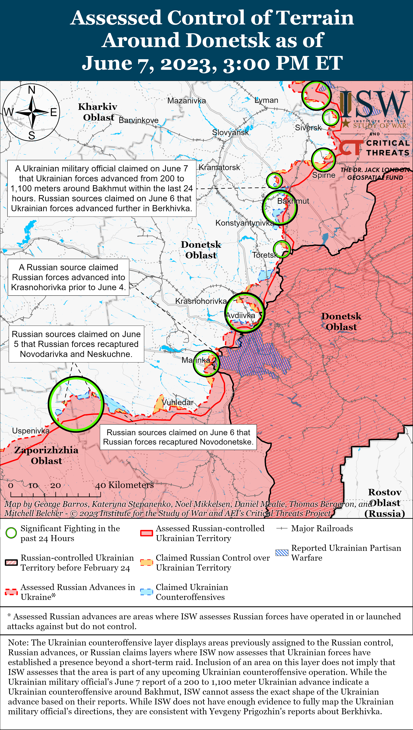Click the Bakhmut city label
(293, 201)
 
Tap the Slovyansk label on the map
(230, 132)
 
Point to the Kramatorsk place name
(219, 167)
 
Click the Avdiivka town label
(240, 315)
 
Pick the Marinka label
(196, 360)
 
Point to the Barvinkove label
(138, 120)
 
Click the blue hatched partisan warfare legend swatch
(282, 553)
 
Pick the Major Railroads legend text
(322, 528)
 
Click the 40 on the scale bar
(100, 485)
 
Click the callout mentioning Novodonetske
(178, 437)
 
